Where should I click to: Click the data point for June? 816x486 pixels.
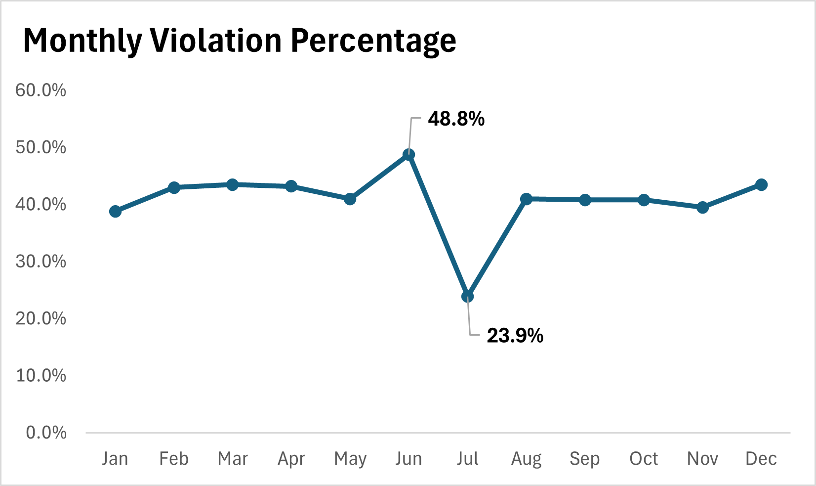[408, 155]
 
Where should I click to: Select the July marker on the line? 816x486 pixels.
[467, 297]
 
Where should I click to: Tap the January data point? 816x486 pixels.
[115, 212]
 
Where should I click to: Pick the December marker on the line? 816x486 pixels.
[762, 185]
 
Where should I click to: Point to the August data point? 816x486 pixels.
[526, 199]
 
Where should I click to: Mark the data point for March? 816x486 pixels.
[233, 185]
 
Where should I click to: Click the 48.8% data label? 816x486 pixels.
[456, 119]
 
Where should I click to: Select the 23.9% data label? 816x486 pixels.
[515, 336]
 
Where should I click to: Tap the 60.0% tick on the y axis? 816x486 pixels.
[41, 90]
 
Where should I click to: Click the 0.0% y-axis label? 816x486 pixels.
[46, 433]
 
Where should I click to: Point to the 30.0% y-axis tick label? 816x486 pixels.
[41, 262]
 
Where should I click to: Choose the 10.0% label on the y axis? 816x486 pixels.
[41, 376]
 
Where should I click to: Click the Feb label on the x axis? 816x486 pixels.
[174, 459]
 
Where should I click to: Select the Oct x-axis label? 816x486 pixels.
[644, 459]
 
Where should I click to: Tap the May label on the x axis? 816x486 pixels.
[350, 459]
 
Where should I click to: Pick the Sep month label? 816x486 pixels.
[585, 459]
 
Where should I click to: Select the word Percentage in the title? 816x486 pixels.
[373, 42]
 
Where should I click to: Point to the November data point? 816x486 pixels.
[702, 208]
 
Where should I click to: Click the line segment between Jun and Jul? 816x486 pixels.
[438, 226]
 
